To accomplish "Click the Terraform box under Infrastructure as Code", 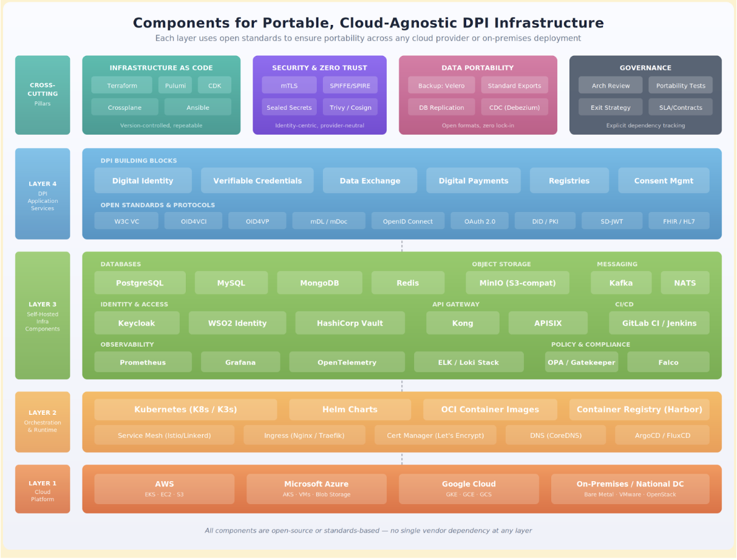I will (121, 86).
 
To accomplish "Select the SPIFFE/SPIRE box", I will (350, 86).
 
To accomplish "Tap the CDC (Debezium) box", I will (514, 108).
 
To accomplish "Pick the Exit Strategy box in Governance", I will (610, 108).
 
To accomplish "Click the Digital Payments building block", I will (474, 180).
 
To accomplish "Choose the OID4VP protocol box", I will (257, 221).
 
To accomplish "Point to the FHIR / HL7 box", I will (679, 221).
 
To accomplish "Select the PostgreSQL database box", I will (140, 283).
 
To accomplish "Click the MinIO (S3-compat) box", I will (517, 283).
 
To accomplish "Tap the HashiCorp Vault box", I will (350, 323).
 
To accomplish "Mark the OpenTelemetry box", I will (347, 363).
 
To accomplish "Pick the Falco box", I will (668, 363).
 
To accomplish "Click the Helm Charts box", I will (350, 409).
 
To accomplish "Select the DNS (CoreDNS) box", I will (555, 435).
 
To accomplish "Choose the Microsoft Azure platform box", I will (316, 488).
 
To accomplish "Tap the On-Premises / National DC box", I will (630, 488).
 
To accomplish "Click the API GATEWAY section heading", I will (455, 304).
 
